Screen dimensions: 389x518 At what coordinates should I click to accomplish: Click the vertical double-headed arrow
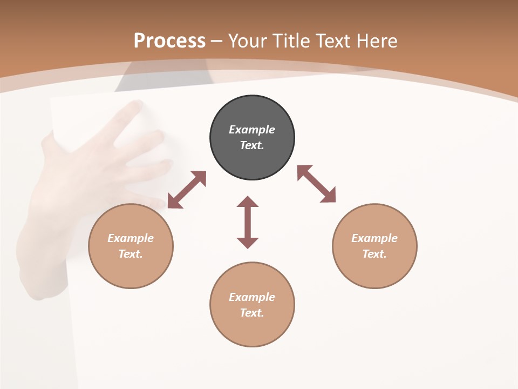point(248,222)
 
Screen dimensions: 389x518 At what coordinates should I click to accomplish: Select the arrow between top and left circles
point(187,190)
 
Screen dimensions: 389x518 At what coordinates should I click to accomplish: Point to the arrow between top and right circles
point(316,184)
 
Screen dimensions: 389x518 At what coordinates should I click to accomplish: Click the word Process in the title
point(169,41)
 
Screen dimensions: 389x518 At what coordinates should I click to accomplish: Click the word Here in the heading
point(378,41)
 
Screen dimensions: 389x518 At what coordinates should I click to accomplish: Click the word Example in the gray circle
point(252,130)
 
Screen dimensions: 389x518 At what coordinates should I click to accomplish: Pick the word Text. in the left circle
point(131,254)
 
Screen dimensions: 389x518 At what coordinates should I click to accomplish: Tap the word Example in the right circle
point(374,238)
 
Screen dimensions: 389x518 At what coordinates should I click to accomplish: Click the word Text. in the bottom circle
point(252,313)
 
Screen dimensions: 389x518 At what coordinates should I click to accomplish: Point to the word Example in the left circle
point(131,238)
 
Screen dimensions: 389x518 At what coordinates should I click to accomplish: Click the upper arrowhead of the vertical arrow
point(248,202)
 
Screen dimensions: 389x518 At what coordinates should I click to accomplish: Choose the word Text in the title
point(334,41)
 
